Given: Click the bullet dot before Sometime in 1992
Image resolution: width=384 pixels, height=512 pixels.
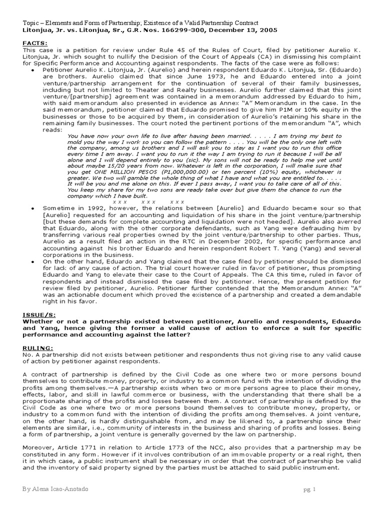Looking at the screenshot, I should click(32, 207).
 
